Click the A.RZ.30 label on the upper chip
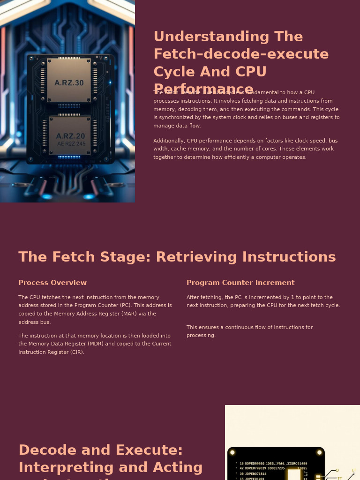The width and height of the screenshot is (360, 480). point(69,83)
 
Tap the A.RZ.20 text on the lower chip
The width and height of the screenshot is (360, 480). point(70,136)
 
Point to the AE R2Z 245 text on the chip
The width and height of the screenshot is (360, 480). point(71,144)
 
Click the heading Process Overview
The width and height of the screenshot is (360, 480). point(52,283)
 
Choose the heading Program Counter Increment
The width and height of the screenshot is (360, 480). point(240,283)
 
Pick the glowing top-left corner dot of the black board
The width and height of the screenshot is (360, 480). point(232,452)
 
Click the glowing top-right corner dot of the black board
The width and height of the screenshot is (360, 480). point(320,452)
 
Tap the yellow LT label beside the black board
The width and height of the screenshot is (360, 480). point(354,470)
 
